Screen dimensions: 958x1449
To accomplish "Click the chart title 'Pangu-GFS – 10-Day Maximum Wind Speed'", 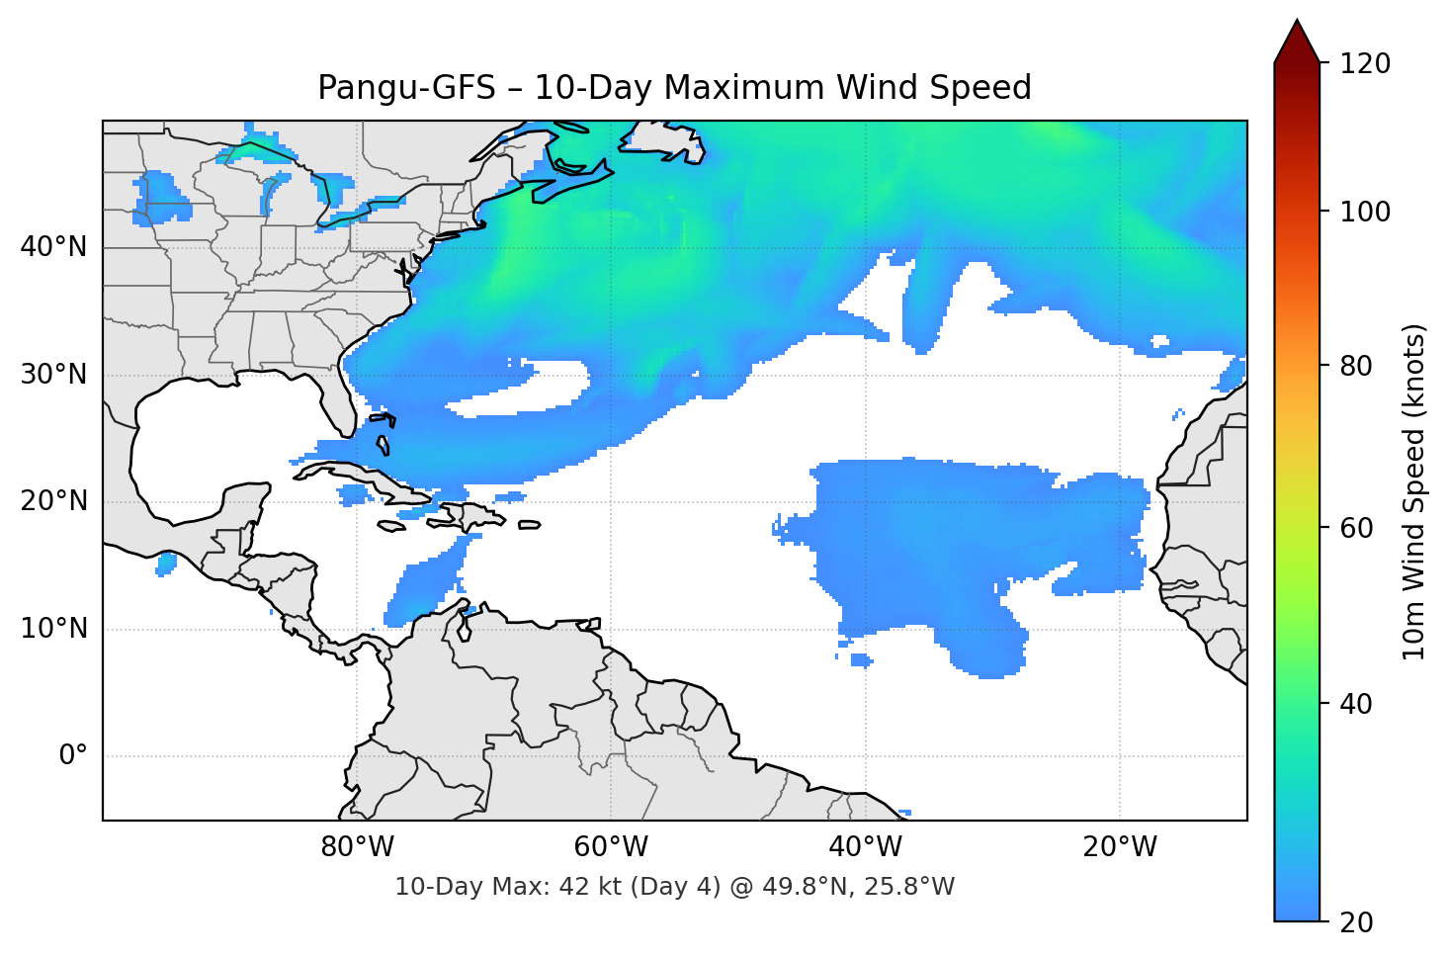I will pos(674,88).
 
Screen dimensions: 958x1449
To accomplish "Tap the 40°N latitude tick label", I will pos(53,247).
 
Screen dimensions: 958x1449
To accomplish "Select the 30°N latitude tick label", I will pos(53,375).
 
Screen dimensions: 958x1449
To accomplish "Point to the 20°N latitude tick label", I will pos(53,501).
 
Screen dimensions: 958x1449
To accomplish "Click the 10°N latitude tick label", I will pos(53,629).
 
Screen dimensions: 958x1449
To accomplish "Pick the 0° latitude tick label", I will pos(72,756).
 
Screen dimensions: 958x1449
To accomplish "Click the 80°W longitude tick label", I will pos(357,847).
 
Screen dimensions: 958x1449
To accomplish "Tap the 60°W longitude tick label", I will pos(611,847).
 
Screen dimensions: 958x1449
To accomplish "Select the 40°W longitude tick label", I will pos(865,847).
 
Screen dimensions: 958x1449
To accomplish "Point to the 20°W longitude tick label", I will pos(1119,847).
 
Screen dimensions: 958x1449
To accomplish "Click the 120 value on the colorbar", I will pos(1365,64).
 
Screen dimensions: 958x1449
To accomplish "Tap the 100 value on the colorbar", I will pos(1365,212).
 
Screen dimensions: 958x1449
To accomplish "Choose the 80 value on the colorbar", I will pos(1356,366).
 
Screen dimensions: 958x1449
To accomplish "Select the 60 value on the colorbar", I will pos(1356,528).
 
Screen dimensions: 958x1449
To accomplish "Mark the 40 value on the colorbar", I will pos(1356,704).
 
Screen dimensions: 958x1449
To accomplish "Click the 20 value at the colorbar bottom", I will pos(1356,922).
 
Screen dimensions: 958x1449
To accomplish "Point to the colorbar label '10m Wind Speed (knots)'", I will pos(1414,491).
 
